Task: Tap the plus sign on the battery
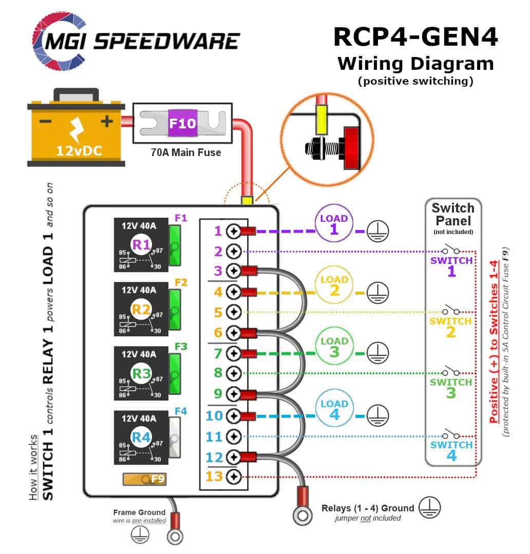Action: click(x=106, y=121)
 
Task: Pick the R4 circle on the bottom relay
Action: click(x=141, y=438)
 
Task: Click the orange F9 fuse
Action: click(x=144, y=480)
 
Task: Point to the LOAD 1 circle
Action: click(x=334, y=224)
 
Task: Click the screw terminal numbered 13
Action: click(x=234, y=476)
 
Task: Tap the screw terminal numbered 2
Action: click(x=234, y=252)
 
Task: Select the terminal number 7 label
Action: click(x=218, y=353)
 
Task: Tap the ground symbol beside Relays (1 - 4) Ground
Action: click(x=429, y=508)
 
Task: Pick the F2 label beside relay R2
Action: click(x=181, y=282)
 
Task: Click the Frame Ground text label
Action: click(x=139, y=512)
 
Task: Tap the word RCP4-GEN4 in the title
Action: click(x=415, y=37)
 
